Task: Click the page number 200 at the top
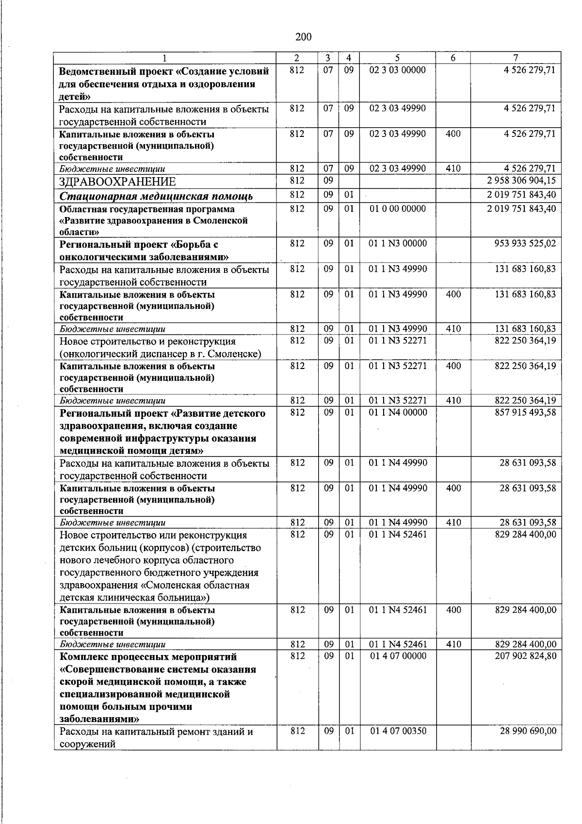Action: tap(303, 37)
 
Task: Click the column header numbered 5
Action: tap(397, 58)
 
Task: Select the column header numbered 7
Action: tap(516, 58)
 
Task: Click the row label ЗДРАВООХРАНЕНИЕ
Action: tap(117, 182)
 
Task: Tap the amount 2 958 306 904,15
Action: tap(521, 181)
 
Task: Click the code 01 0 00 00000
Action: tap(397, 209)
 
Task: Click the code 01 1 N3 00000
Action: tap(398, 243)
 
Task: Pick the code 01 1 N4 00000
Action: tap(398, 412)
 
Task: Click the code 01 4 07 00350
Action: tap(398, 731)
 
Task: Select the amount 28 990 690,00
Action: tap(528, 731)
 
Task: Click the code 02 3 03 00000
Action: tap(397, 70)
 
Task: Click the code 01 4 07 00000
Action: tap(398, 656)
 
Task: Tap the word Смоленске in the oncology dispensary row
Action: tap(236, 353)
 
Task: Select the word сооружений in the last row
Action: tap(87, 743)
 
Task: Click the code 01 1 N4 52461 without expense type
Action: tap(398, 535)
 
